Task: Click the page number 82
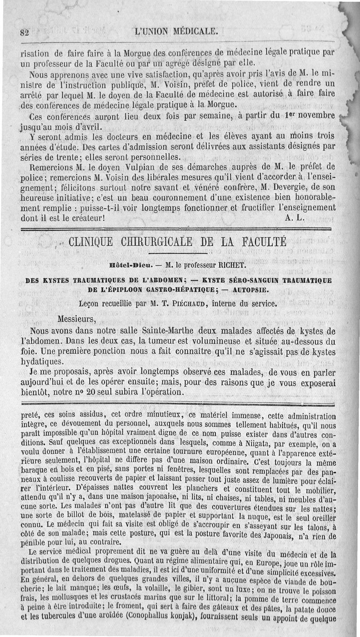tap(24, 33)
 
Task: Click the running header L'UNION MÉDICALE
tap(176, 32)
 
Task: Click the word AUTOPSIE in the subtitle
tap(247, 289)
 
